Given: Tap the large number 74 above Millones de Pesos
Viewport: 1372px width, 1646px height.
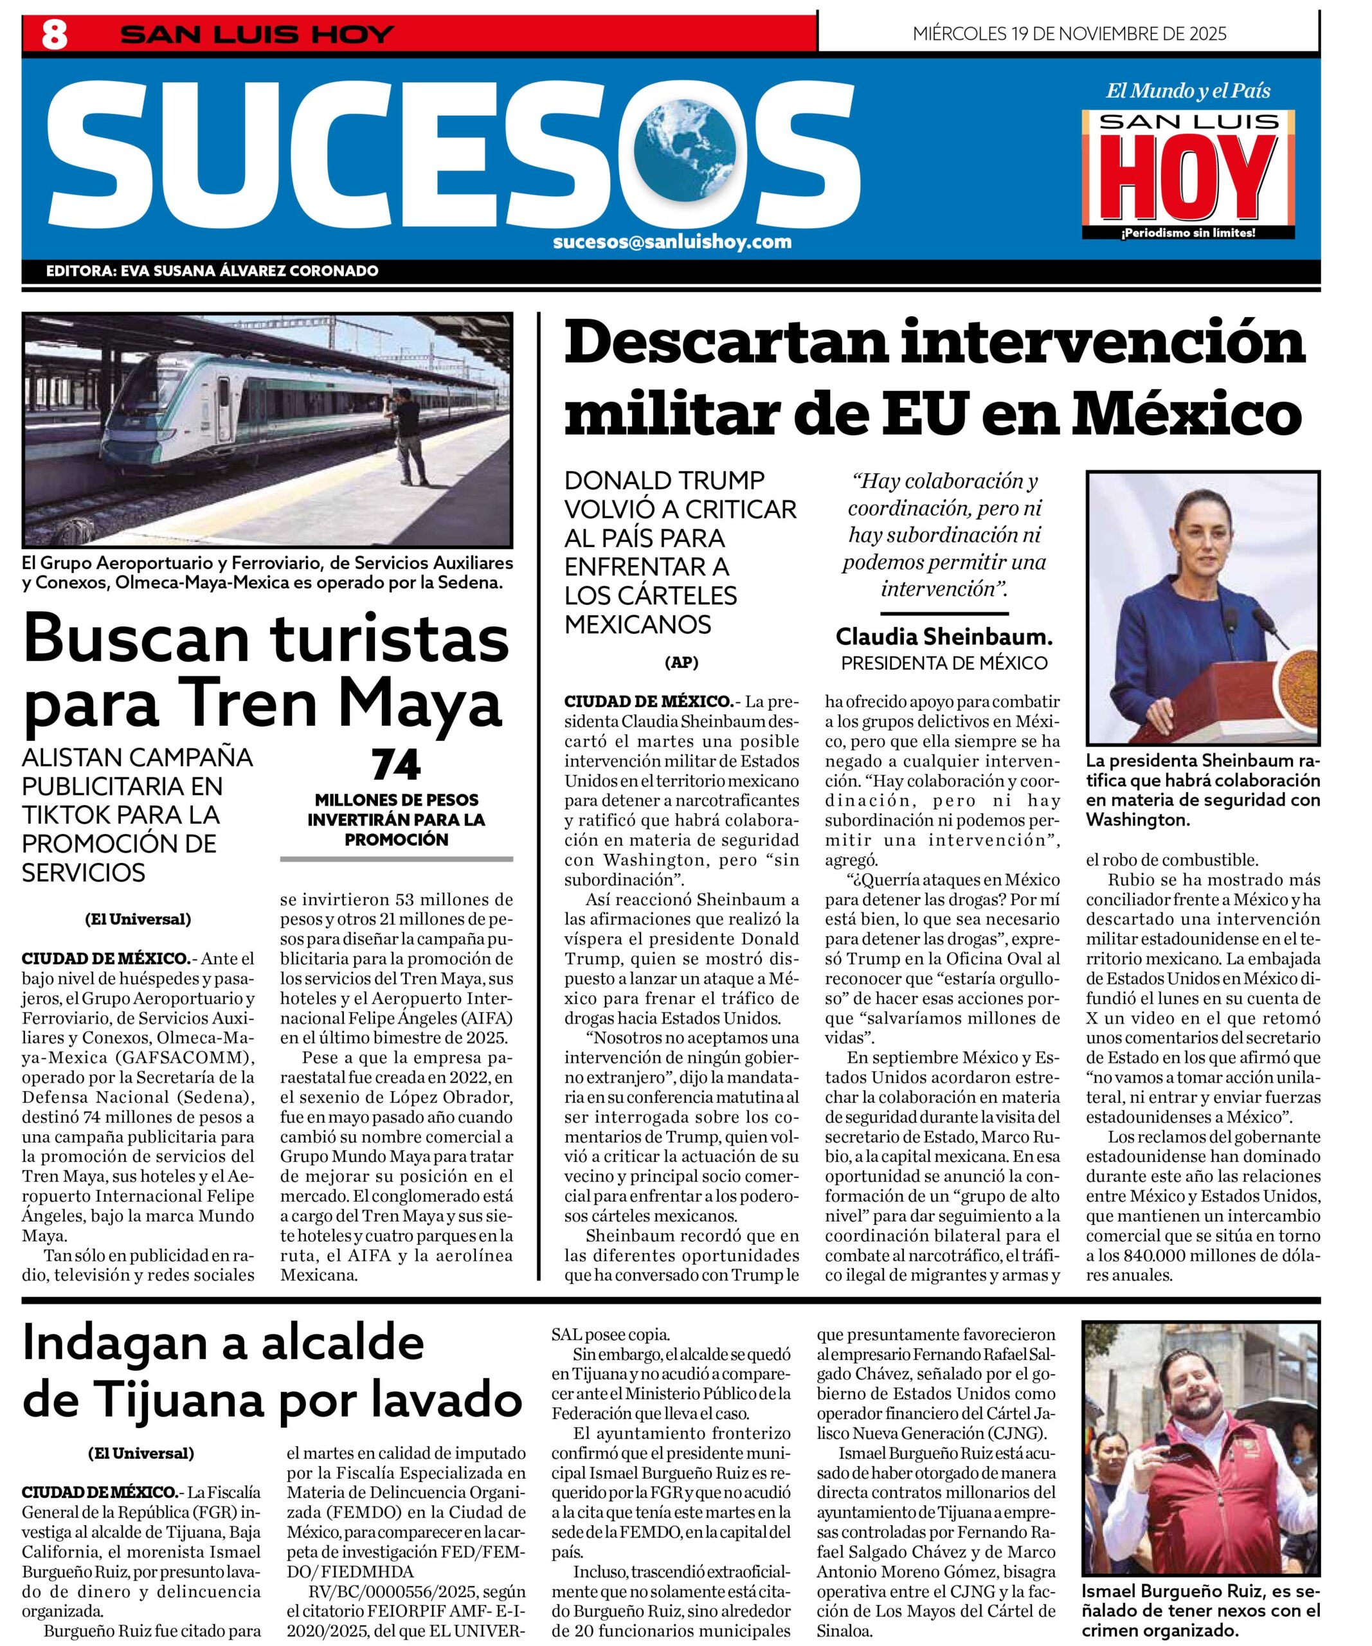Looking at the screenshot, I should [397, 766].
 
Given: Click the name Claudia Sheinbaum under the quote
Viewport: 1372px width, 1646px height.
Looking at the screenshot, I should [943, 637].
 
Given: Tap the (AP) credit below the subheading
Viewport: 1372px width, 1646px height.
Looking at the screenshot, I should [681, 662].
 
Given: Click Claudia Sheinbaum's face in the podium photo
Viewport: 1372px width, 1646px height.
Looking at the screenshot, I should [1204, 537].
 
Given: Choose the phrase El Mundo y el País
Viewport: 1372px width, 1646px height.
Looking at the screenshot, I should [1187, 91].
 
